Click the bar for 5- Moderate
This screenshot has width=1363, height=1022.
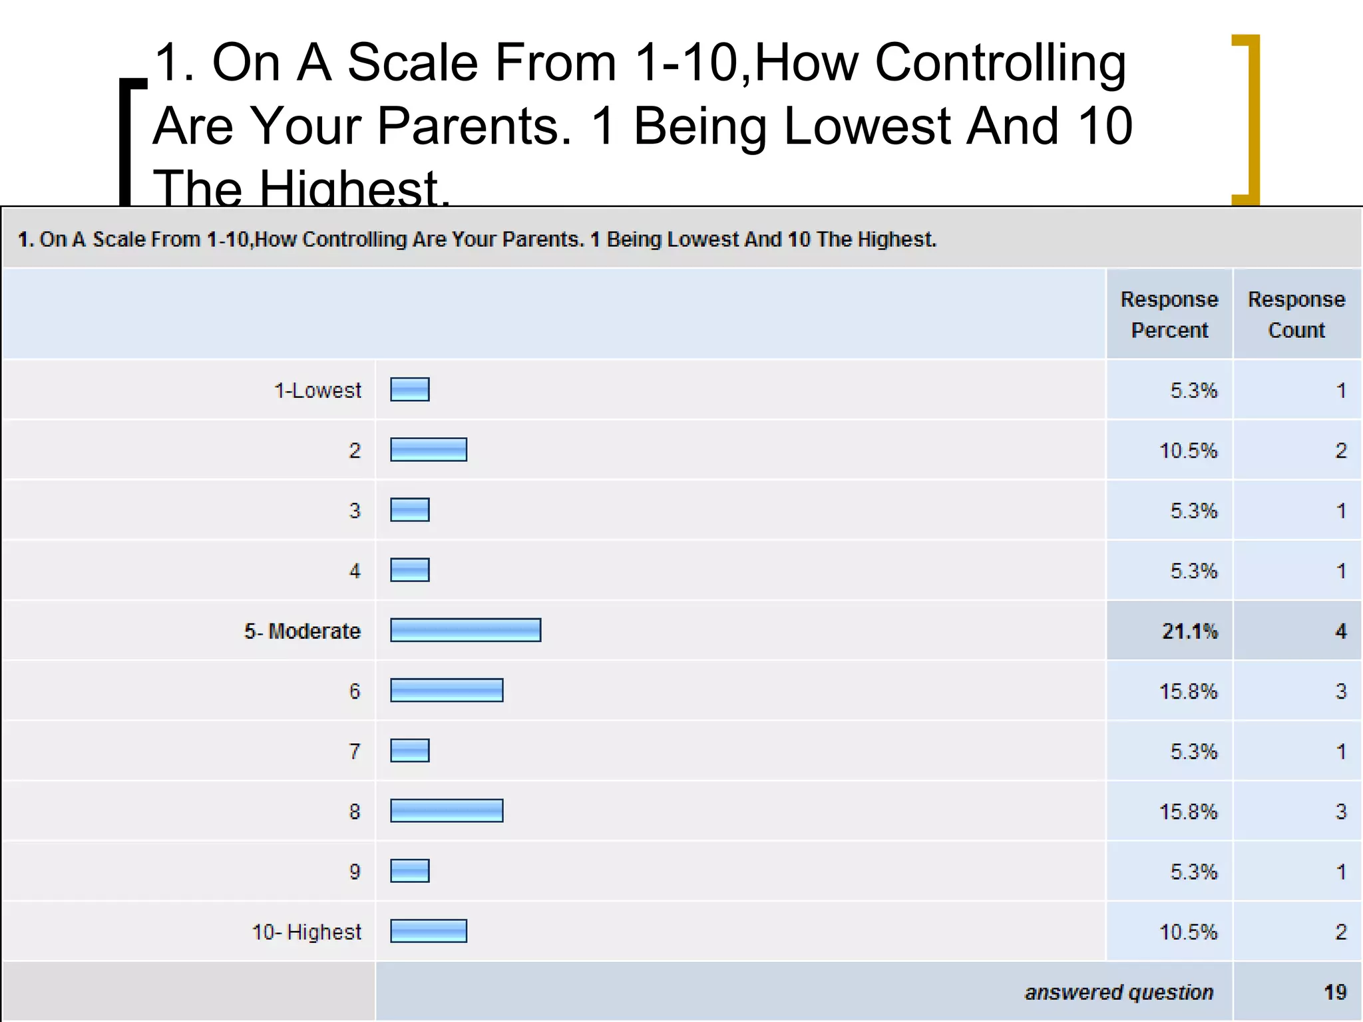[465, 630]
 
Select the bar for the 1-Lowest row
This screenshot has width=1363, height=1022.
[409, 389]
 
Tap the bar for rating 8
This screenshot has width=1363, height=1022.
[447, 810]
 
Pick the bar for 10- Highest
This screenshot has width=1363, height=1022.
[428, 931]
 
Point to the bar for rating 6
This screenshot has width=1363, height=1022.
[447, 690]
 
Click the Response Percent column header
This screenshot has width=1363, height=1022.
[1169, 314]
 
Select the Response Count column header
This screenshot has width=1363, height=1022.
[1296, 314]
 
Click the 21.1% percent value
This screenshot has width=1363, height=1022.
[1189, 631]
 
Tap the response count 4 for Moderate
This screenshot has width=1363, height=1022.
[1340, 631]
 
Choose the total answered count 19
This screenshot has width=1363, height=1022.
[1334, 992]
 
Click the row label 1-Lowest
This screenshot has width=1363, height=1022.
[317, 390]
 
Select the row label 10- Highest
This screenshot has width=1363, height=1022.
[306, 932]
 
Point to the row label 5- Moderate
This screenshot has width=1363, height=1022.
[302, 631]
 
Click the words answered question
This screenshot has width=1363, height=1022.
[1119, 992]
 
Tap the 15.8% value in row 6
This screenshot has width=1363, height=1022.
[1188, 691]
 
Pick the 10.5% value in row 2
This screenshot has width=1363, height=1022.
[1188, 450]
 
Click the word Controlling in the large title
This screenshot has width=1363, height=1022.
[1000, 63]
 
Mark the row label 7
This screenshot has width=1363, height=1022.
[355, 751]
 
